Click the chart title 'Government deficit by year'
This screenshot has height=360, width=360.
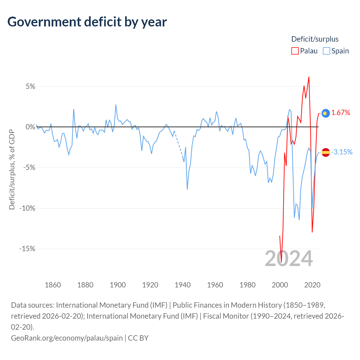[x=87, y=22]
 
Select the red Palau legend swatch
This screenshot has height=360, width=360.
[x=295, y=51]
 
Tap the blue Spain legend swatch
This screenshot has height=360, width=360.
[x=326, y=51]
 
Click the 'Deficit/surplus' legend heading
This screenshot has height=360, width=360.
[x=315, y=39]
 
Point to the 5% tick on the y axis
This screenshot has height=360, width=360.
[x=30, y=86]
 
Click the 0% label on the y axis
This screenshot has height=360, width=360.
[x=30, y=127]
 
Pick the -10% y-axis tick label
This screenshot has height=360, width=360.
[x=27, y=208]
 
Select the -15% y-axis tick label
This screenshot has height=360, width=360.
[x=27, y=249]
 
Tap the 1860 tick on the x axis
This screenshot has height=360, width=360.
[x=53, y=285]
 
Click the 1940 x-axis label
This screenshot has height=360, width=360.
[x=183, y=285]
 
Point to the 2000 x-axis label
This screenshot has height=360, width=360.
[x=280, y=285]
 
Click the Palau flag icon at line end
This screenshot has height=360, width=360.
[x=326, y=113]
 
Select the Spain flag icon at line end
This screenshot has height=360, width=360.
[x=326, y=152]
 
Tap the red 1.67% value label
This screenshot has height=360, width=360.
[x=341, y=113]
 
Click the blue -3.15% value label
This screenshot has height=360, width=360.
[x=342, y=152]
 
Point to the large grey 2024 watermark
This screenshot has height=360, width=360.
[x=289, y=259]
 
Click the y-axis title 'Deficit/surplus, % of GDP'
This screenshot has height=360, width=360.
[x=12, y=169]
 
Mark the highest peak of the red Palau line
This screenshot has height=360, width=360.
[x=309, y=77]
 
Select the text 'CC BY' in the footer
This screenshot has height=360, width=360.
[x=138, y=338]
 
